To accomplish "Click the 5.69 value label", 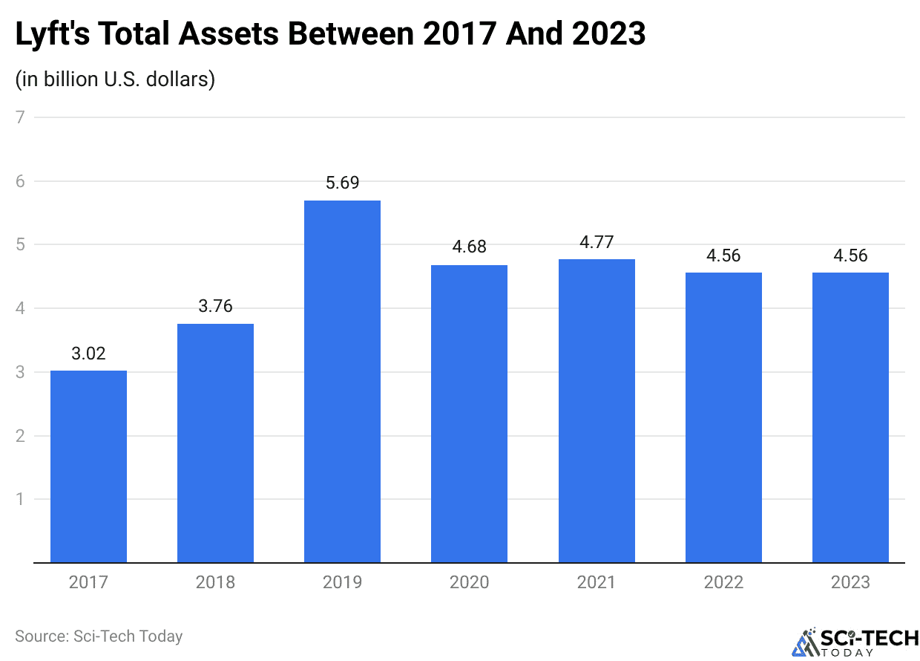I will click(x=342, y=183).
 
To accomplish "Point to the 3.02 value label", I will click(x=88, y=354).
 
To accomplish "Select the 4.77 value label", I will click(x=597, y=242).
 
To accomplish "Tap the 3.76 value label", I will click(x=215, y=306).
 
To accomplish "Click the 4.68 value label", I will click(x=469, y=247).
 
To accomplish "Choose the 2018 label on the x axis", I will click(x=215, y=582).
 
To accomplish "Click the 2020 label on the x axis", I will click(x=469, y=582).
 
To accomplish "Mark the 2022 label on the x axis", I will click(x=723, y=582).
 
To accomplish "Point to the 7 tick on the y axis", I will click(x=20, y=117).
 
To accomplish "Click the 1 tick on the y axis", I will click(x=20, y=499).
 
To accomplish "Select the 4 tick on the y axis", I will click(x=20, y=308).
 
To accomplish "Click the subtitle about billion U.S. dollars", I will click(x=115, y=79).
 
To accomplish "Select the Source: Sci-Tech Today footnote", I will click(x=99, y=636).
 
